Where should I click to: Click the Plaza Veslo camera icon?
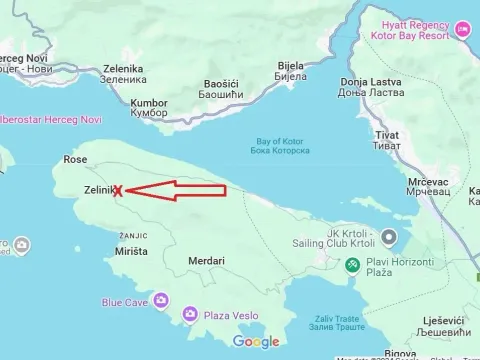click(189, 315)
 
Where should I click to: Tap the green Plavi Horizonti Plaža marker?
click(352, 265)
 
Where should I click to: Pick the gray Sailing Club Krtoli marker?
click(389, 236)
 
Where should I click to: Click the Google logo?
click(256, 342)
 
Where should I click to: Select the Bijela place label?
click(290, 70)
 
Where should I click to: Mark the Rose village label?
click(75, 159)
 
